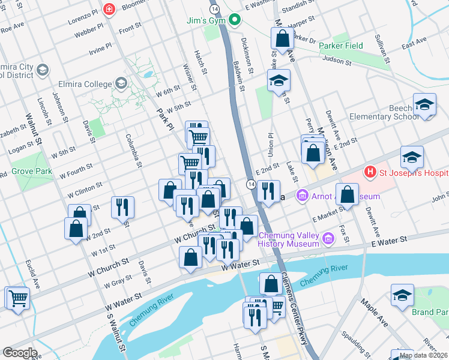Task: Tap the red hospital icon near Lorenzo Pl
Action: (109, 9)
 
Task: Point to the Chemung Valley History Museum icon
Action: (328, 239)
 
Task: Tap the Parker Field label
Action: (341, 46)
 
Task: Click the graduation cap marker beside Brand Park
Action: (402, 295)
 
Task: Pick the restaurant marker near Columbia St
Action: (122, 207)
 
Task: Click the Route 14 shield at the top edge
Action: (214, 9)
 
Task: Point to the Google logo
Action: (19, 353)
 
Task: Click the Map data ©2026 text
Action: (423, 355)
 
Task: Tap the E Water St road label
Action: (388, 239)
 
